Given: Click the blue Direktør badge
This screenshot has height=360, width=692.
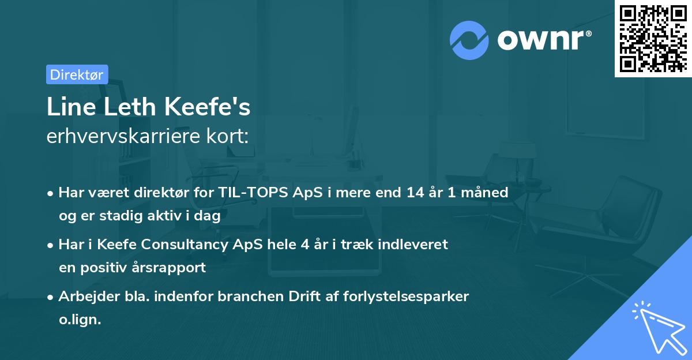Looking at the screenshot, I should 77,74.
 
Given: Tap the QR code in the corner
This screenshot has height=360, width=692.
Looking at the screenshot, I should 653,39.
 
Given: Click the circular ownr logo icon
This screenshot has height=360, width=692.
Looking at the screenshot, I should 469,40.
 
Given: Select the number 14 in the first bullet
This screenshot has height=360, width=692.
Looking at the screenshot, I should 414,193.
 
